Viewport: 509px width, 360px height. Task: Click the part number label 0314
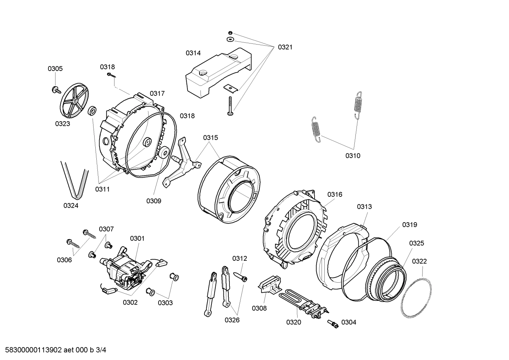click(193, 53)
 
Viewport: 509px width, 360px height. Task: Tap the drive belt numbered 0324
click(74, 180)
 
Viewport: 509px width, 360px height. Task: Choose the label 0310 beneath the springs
click(353, 155)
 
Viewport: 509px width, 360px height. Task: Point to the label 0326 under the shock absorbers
click(232, 320)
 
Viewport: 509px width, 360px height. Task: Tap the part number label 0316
click(335, 194)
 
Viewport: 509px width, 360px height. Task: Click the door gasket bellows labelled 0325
click(385, 279)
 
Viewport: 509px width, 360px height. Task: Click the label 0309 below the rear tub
click(154, 201)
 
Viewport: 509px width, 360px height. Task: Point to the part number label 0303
click(165, 303)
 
